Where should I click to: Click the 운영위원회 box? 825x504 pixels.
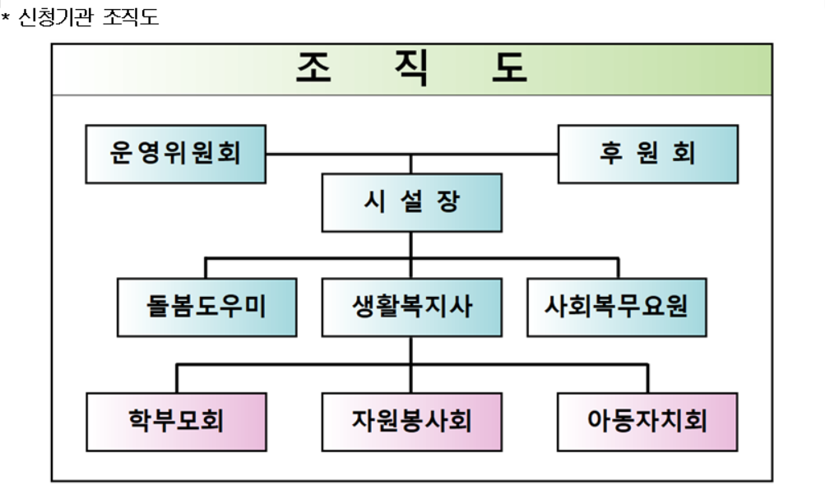[x=175, y=154]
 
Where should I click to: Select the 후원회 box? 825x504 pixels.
[x=647, y=154]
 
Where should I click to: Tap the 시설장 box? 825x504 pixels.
[x=411, y=202]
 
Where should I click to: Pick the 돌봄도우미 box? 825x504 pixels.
[x=206, y=307]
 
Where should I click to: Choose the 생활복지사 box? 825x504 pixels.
[x=411, y=307]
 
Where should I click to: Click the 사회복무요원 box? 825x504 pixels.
[x=616, y=307]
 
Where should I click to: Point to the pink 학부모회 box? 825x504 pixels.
[x=176, y=422]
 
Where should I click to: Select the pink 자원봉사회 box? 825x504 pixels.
[x=411, y=422]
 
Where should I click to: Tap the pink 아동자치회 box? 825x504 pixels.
[x=647, y=422]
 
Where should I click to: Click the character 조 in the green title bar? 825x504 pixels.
[x=313, y=69]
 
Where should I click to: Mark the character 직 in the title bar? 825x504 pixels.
[x=410, y=69]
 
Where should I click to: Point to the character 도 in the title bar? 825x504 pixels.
[x=509, y=69]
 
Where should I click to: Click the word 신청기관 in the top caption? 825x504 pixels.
[x=55, y=17]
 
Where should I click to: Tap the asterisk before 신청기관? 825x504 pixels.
[x=5, y=17]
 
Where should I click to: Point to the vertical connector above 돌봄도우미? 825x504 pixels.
[x=206, y=268]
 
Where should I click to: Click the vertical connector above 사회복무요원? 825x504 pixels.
[x=617, y=268]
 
